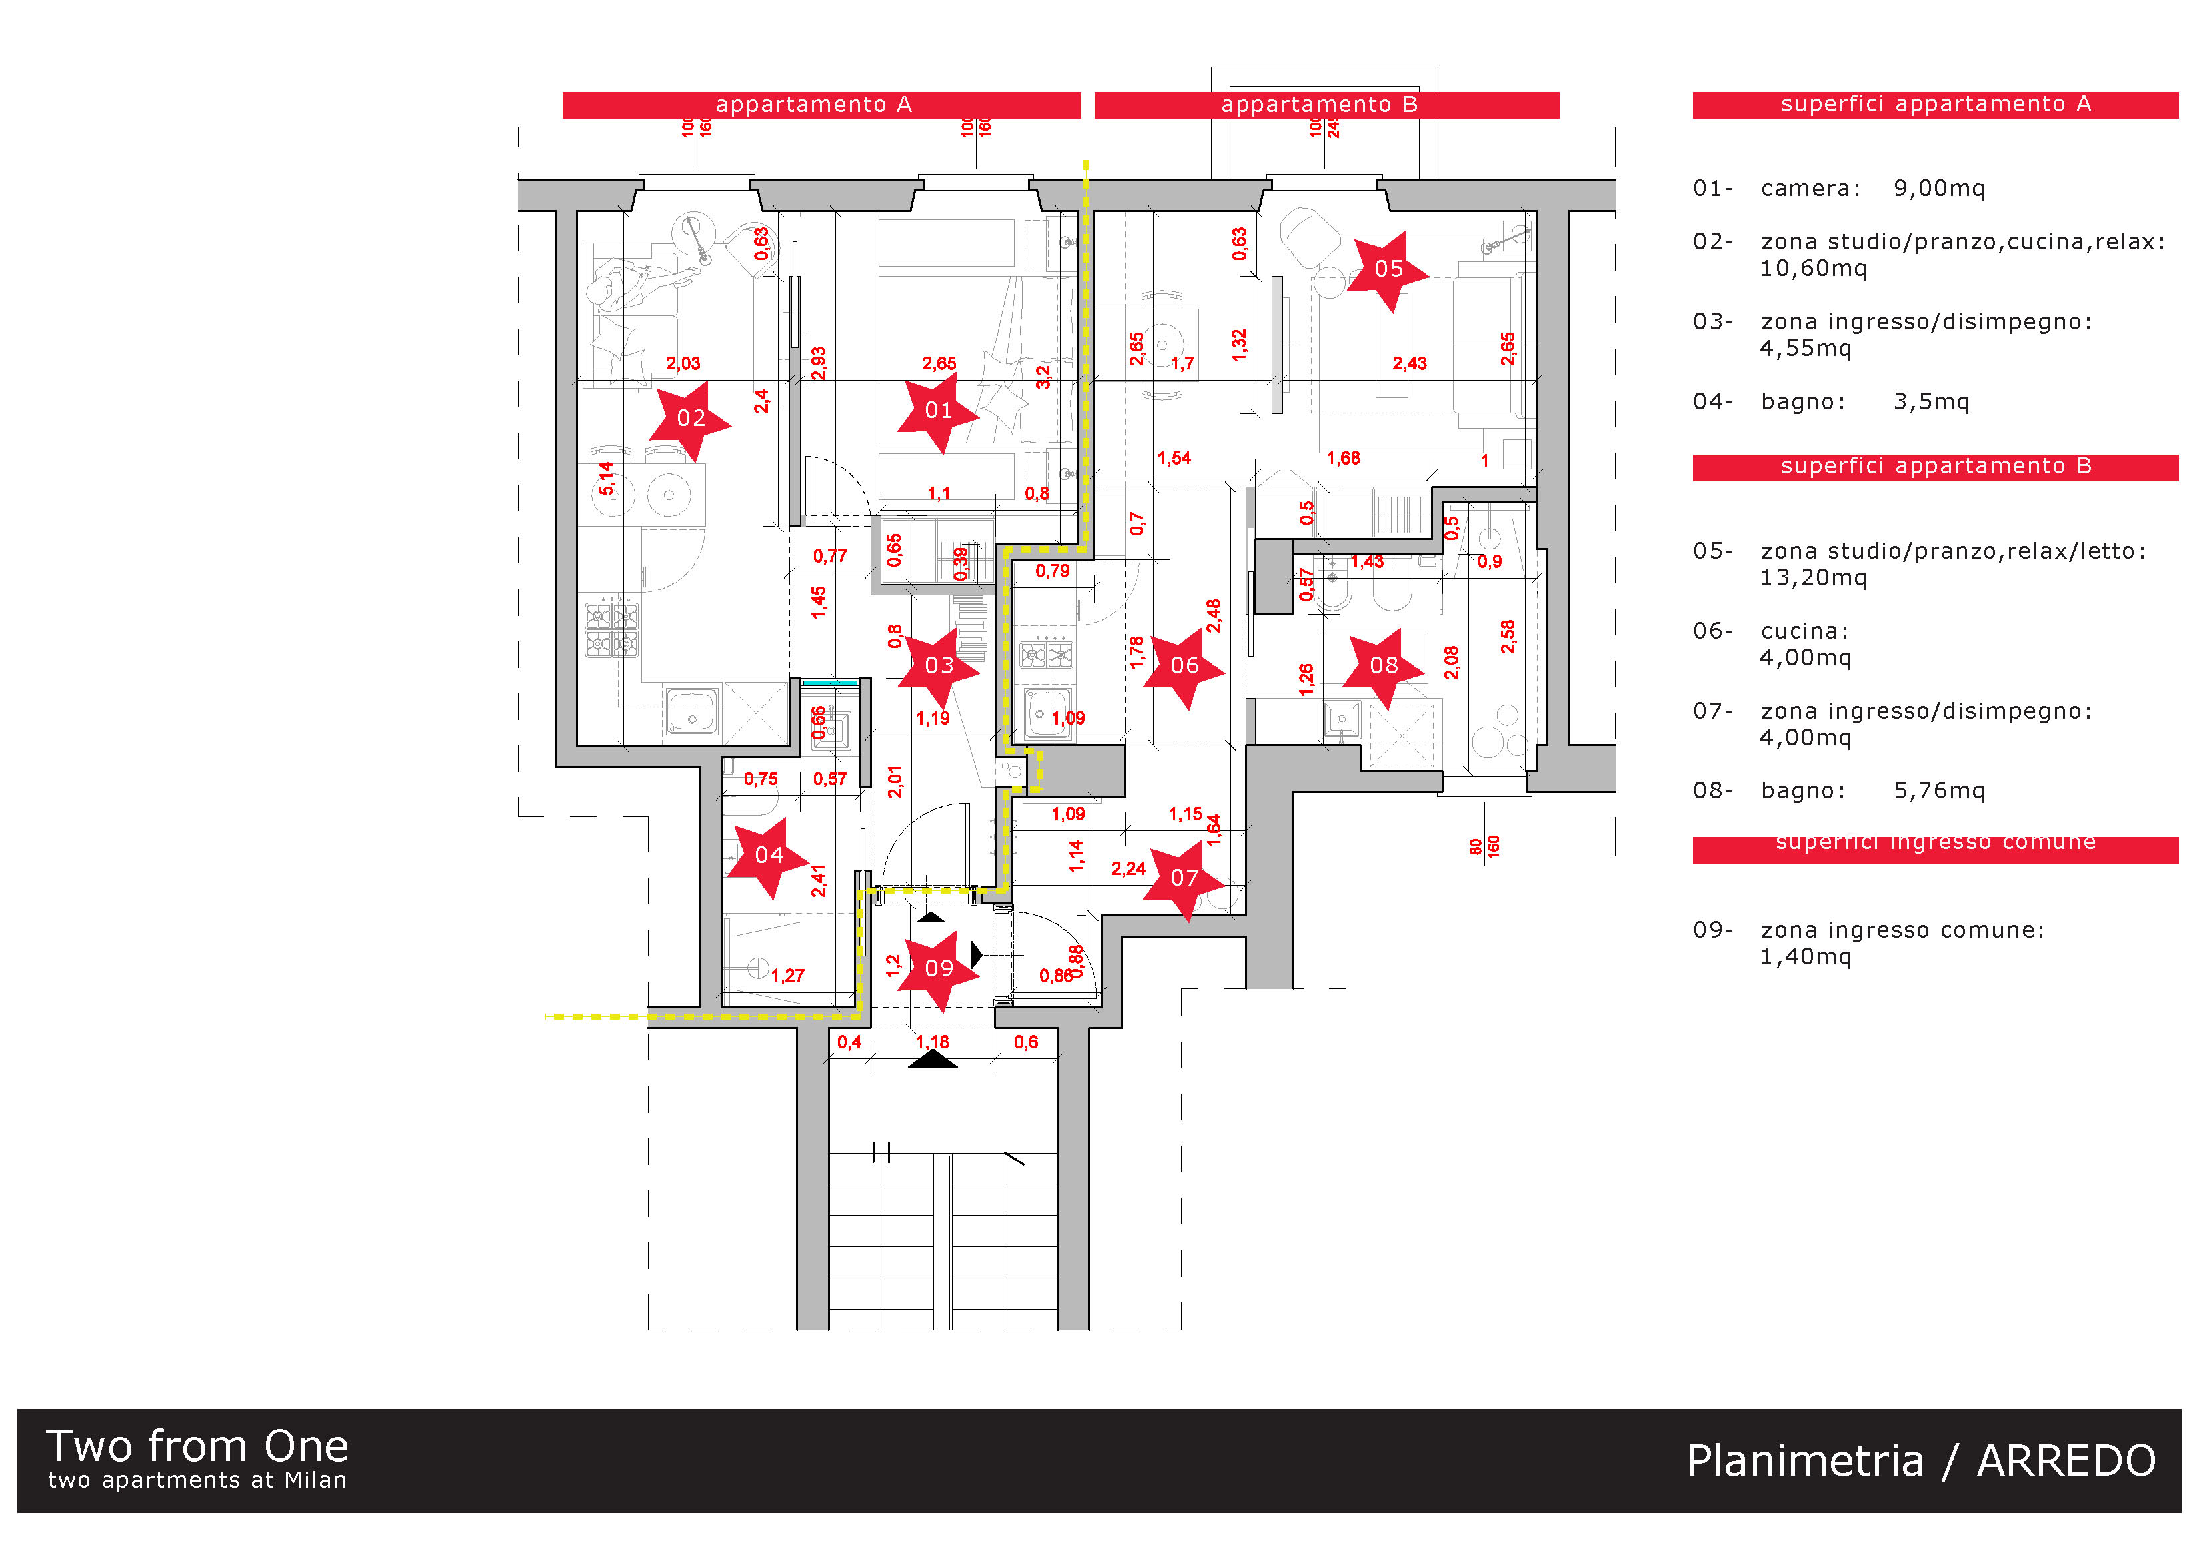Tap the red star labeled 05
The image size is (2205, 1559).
[x=1388, y=269]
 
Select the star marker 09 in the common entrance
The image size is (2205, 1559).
[x=939, y=968]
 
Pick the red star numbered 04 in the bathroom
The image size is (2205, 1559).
[x=769, y=856]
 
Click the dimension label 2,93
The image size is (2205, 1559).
[x=819, y=363]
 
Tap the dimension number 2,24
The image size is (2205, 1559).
[x=1128, y=869]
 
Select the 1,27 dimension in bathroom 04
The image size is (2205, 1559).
[x=787, y=976]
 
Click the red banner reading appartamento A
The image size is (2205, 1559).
[x=821, y=105]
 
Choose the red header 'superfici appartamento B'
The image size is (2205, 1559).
[x=1934, y=467]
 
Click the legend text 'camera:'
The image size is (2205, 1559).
[x=1810, y=188]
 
